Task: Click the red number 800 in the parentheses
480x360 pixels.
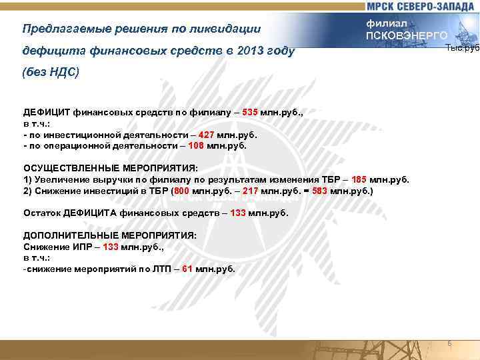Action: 184,191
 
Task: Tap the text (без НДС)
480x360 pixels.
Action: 51,72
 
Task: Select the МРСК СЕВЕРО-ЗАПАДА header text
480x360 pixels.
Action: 420,6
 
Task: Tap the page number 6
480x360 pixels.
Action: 449,343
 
